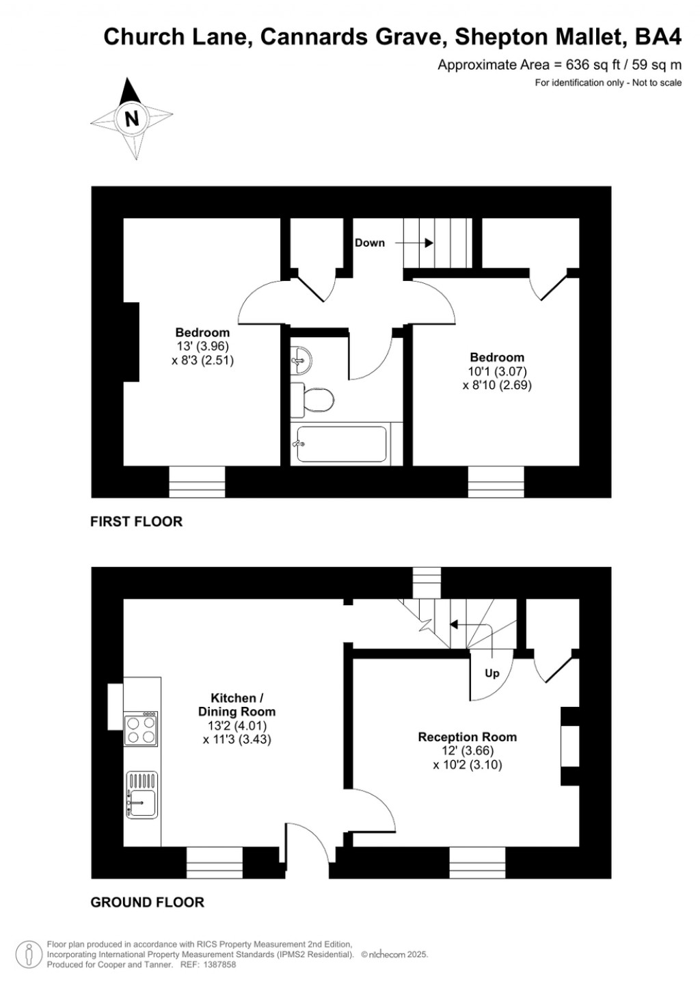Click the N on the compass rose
131,118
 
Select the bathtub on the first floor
341,444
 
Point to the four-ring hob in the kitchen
141,729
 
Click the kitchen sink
142,795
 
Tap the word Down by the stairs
369,243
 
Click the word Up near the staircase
492,673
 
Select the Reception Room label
467,737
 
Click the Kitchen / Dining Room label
237,705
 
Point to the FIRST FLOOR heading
136,522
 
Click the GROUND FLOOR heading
147,902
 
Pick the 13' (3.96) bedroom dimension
202,347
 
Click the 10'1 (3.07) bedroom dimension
497,371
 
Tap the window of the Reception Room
477,862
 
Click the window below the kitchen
215,862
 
